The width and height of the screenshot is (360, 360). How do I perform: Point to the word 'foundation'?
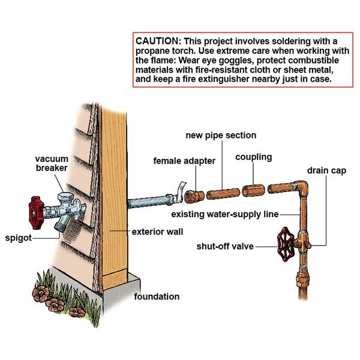157,296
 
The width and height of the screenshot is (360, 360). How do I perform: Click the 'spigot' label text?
18,237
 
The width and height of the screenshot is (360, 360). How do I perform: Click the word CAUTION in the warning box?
158,41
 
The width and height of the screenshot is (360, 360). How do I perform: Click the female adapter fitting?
193,196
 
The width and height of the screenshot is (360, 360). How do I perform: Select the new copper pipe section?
222,194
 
